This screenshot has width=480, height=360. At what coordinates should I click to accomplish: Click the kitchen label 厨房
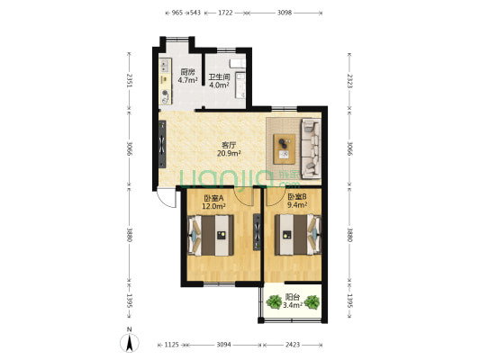(x=187, y=72)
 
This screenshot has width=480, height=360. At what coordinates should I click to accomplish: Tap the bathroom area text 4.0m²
(x=219, y=85)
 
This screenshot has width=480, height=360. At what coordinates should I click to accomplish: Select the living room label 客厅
(x=229, y=145)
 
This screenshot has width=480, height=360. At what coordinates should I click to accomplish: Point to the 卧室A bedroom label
(x=213, y=198)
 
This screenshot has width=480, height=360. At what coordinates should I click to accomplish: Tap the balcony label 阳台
(x=293, y=297)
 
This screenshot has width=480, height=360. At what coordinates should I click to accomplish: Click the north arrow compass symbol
(x=130, y=341)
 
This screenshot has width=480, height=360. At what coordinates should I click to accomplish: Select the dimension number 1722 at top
(x=225, y=13)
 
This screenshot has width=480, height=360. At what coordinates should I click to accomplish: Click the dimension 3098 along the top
(x=285, y=13)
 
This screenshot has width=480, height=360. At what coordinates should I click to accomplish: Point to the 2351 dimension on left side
(x=129, y=81)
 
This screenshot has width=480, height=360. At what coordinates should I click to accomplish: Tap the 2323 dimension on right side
(x=349, y=81)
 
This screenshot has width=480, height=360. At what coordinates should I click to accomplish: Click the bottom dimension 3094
(x=223, y=345)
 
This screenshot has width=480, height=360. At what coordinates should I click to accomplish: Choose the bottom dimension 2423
(x=293, y=345)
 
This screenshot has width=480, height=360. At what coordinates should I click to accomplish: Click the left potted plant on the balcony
(x=274, y=301)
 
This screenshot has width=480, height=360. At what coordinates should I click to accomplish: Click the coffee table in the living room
(x=285, y=149)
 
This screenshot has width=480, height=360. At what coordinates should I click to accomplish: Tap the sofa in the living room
(x=311, y=148)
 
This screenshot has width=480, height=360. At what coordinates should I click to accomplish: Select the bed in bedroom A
(x=211, y=235)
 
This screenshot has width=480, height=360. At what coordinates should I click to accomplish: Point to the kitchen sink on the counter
(x=165, y=65)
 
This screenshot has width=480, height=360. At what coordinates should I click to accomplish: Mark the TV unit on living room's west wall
(x=162, y=144)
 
